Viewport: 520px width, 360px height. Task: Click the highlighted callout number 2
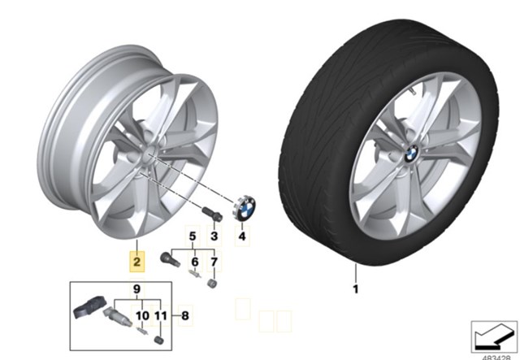click(x=136, y=262)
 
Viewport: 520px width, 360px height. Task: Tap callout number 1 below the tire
click(x=356, y=289)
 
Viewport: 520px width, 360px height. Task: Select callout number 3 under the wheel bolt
click(x=214, y=236)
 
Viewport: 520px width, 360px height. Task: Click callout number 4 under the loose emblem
click(x=242, y=236)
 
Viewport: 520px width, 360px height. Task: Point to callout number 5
click(x=193, y=236)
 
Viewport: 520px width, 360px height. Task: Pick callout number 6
click(x=195, y=262)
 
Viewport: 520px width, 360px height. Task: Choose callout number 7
click(x=214, y=262)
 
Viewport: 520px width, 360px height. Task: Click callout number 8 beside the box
click(x=185, y=315)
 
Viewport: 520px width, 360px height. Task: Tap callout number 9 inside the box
click(x=137, y=289)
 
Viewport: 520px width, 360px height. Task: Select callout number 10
click(x=143, y=315)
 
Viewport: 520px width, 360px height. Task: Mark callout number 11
click(x=161, y=315)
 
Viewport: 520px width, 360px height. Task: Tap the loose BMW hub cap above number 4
click(x=244, y=208)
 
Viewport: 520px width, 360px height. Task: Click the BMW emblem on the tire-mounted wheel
click(x=411, y=154)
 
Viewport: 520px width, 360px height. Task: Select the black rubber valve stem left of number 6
click(x=170, y=259)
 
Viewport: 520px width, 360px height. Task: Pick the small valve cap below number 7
click(x=212, y=284)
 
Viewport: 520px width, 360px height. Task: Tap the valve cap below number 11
click(x=159, y=340)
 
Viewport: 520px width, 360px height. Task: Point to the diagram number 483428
click(x=496, y=358)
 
